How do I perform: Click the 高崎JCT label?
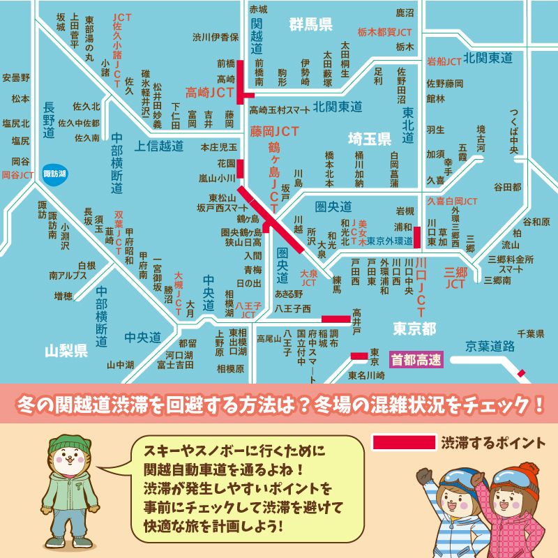[209, 92]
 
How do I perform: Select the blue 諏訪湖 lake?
[54, 174]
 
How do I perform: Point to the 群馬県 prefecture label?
[310, 26]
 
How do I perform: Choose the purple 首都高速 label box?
[416, 360]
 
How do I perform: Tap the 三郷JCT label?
[455, 278]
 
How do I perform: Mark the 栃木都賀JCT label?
[384, 32]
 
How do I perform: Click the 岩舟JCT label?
[444, 61]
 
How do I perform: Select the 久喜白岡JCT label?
[452, 201]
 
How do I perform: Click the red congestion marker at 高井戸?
[335, 319]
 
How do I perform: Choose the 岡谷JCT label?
[17, 174]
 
